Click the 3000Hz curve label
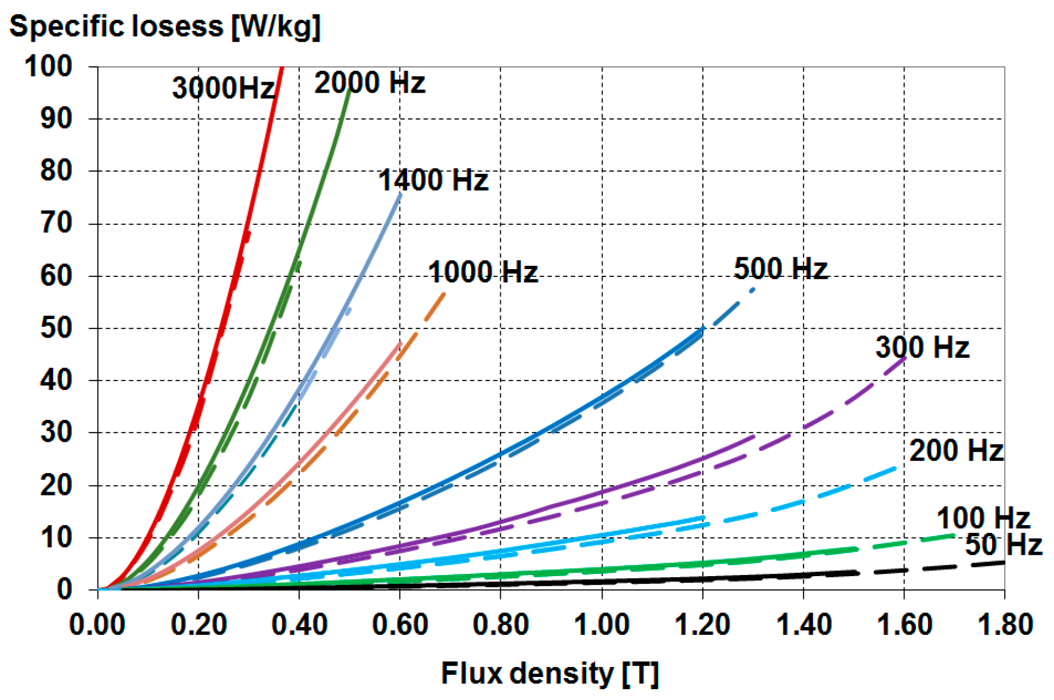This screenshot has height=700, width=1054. point(224,88)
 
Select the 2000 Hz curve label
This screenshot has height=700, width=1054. point(370,83)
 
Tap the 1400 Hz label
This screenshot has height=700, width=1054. point(433,180)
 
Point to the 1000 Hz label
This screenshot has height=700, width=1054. point(483,272)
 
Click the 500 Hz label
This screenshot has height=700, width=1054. point(781,269)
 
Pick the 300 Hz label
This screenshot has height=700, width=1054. point(923,347)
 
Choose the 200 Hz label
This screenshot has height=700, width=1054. point(956,450)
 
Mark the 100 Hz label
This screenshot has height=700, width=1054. point(983,517)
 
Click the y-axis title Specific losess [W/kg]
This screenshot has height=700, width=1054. point(165,26)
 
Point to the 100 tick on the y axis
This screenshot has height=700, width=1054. point(49,66)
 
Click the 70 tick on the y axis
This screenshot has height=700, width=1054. point(56,223)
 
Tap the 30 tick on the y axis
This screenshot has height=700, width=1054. point(56,432)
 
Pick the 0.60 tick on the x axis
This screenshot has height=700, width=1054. point(400,624)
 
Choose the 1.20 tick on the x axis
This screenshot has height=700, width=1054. point(703,624)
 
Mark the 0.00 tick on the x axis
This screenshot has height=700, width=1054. point(98,624)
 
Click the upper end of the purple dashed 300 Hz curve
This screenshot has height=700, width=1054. point(904,358)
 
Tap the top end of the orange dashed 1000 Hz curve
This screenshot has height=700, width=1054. point(444,294)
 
